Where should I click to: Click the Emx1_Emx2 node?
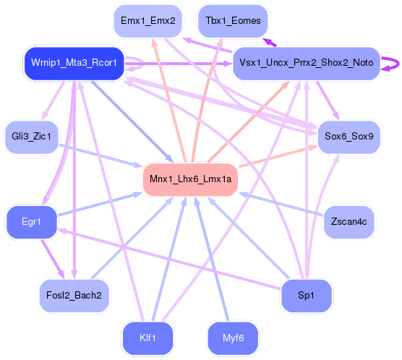coord(148,21)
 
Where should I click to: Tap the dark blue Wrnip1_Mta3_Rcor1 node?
coord(74,64)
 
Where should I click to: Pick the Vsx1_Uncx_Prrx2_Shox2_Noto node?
coord(306,64)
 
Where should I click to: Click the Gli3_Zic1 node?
coord(31,136)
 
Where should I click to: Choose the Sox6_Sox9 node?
coord(348,136)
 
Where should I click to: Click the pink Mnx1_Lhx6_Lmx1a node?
coord(191,179)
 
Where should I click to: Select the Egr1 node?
coord(31,221)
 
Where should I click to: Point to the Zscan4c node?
coord(348,221)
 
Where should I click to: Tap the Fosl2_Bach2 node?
coord(74,294)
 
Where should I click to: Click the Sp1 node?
coord(306,294)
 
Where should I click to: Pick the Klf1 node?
coord(148,337)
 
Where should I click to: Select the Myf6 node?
coord(233,337)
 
